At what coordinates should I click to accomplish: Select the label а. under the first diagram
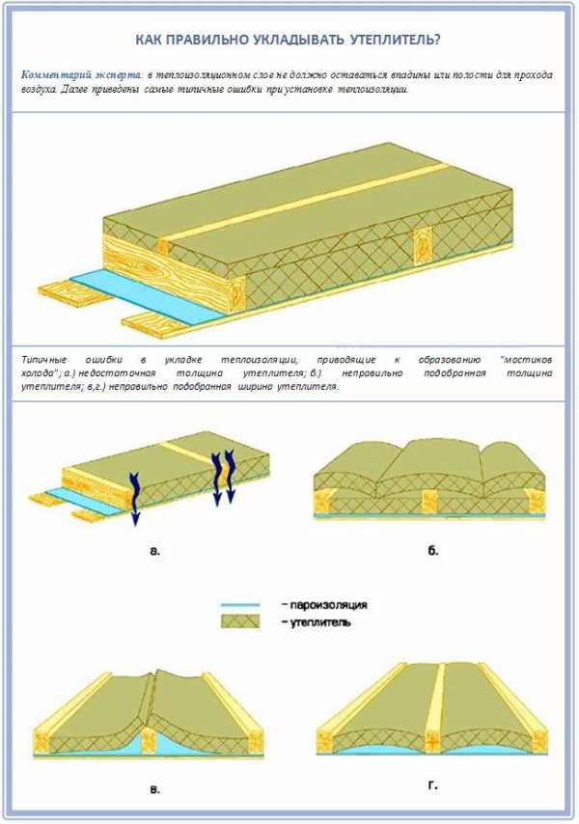(155, 551)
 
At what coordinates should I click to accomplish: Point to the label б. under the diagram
(432, 550)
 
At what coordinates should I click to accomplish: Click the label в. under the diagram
(155, 789)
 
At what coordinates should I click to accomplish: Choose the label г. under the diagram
(432, 785)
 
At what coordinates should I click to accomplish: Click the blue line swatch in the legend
(240, 605)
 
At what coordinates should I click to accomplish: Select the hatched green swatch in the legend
(240, 621)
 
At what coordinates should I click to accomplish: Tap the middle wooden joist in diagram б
(429, 502)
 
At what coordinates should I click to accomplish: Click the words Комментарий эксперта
(81, 74)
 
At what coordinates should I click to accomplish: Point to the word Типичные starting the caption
(44, 360)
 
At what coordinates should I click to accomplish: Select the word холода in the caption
(37, 373)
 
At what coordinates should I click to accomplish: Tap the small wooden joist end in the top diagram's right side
(422, 246)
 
